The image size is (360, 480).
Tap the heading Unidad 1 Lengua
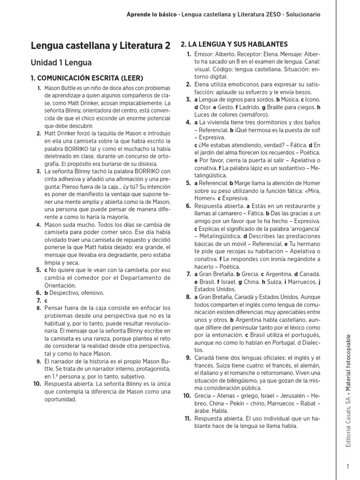[x=61, y=62]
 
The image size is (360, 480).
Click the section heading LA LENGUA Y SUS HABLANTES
[x=238, y=44]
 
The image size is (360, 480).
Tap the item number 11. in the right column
[x=187, y=418]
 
